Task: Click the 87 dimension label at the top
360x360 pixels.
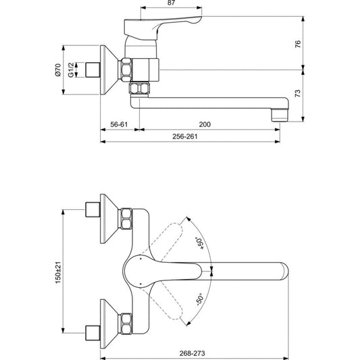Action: click(x=172, y=3)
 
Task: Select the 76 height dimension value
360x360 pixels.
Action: click(x=298, y=44)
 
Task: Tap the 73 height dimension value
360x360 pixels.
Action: click(x=298, y=93)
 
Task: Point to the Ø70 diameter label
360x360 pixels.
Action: click(x=58, y=70)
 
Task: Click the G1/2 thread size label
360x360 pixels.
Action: click(x=71, y=70)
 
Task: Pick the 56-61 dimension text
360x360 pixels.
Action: click(x=119, y=124)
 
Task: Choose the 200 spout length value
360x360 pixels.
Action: click(x=205, y=124)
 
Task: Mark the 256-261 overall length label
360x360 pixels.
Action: click(x=185, y=136)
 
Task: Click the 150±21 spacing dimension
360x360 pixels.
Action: click(x=58, y=272)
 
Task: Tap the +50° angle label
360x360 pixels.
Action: click(x=199, y=243)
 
